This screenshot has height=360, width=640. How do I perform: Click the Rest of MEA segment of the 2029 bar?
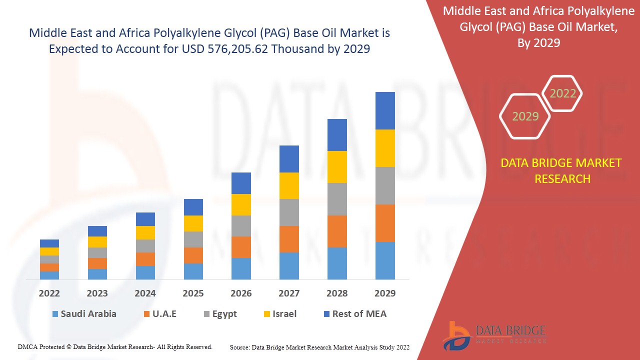385,110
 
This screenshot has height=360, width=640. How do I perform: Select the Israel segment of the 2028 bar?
337,167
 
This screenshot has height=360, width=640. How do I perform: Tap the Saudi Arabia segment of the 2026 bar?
241,268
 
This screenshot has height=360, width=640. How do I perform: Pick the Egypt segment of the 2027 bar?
289,212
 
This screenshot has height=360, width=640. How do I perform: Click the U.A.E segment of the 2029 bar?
385,223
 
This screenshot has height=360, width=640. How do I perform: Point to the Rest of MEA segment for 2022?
49,243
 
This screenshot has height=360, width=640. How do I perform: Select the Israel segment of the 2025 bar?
193,223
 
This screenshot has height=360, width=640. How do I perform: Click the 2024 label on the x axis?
145,293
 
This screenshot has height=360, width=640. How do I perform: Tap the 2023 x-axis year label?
97,293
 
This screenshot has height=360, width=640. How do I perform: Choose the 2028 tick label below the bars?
337,293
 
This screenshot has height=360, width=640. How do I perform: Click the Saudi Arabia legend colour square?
55,314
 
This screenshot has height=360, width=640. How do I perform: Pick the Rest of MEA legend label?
359,314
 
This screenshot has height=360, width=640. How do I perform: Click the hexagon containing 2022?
562,93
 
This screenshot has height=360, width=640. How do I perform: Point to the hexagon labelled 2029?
525,116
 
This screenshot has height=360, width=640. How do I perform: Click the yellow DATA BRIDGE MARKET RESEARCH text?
562,170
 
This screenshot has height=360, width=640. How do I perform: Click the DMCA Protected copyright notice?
115,346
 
